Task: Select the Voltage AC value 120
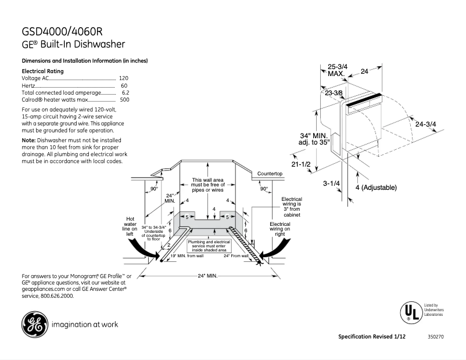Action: (123, 77)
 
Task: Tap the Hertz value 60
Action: (124, 85)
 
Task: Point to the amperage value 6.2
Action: (125, 93)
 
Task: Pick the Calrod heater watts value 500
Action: (124, 100)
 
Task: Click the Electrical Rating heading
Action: (42, 70)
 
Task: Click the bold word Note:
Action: (28, 141)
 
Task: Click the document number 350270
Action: (435, 337)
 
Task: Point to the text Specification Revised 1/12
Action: (372, 337)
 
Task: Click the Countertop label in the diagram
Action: (270, 174)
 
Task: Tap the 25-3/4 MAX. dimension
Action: (337, 70)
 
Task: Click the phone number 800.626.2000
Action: (57, 296)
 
